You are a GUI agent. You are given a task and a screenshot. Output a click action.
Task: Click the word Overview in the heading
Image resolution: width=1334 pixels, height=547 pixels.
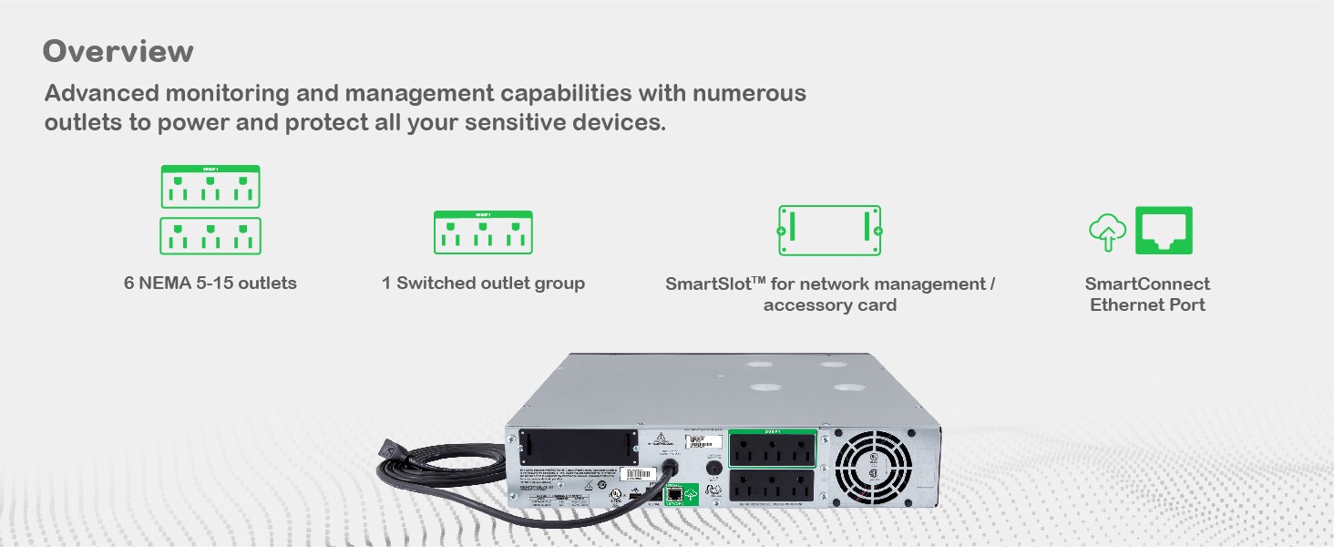[x=118, y=51]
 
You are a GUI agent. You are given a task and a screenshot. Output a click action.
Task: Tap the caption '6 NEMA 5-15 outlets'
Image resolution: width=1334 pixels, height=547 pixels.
[x=210, y=284]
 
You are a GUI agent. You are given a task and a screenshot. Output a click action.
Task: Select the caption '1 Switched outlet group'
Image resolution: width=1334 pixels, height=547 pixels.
[x=483, y=284]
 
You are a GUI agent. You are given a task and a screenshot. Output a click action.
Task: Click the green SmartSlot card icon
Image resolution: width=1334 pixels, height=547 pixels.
[x=829, y=231]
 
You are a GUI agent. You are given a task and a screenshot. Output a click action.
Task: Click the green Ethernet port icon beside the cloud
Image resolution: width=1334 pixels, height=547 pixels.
[x=1164, y=231]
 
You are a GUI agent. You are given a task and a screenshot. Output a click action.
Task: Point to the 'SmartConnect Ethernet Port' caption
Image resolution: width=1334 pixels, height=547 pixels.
[x=1147, y=294]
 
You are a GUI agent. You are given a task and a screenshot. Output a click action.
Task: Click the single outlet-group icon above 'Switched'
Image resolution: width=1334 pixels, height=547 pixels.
[x=483, y=232]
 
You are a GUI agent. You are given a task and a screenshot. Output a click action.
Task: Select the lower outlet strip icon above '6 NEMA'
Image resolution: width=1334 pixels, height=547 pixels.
[x=210, y=236]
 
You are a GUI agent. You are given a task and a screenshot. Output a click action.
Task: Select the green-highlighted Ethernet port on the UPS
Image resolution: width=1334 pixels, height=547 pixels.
[x=674, y=494]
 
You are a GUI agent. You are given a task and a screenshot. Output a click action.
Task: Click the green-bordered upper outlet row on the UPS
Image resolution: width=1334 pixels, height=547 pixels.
[x=772, y=449]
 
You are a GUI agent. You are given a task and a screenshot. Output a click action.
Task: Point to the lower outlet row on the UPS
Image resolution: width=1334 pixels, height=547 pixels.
[x=772, y=489]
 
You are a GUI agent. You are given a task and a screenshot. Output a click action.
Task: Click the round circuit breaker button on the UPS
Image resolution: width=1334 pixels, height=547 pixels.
[x=714, y=468]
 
